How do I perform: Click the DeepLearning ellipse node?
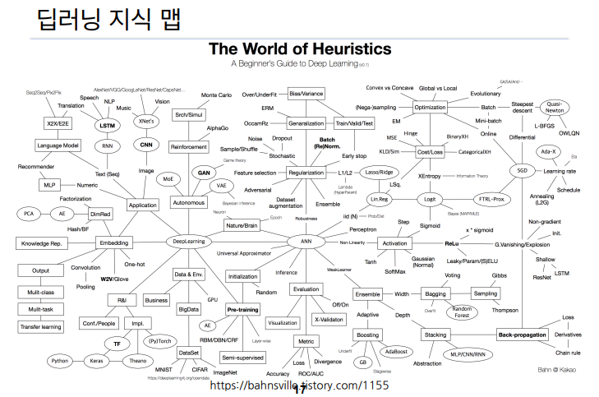[190, 242]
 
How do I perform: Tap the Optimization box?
[430, 108]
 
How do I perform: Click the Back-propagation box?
[523, 335]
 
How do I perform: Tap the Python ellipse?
[60, 360]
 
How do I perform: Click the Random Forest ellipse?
[463, 312]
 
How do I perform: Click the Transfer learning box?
[41, 327]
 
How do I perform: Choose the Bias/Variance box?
[306, 95]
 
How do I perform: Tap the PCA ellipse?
[29, 214]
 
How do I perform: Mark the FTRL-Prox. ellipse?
[493, 200]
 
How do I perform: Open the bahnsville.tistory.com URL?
[299, 385]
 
